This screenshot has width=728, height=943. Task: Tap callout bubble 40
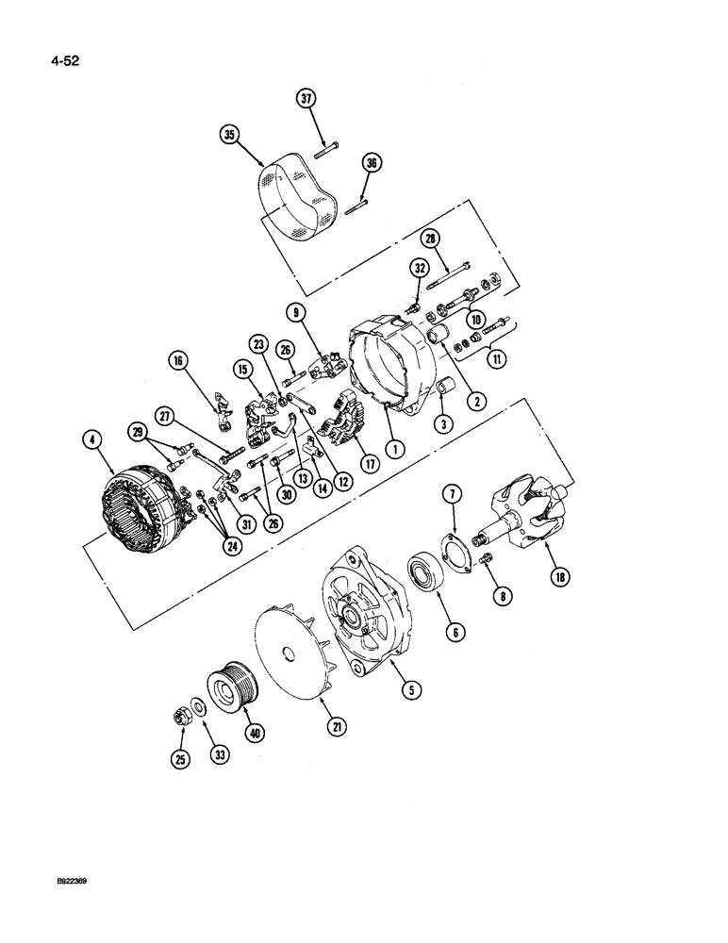(x=252, y=732)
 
